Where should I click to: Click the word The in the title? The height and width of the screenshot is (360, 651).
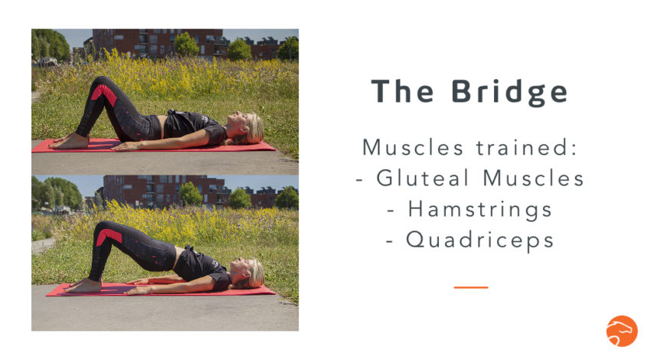[402, 91]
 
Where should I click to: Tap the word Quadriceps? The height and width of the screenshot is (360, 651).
[479, 239]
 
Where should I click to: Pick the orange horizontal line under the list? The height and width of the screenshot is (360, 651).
[470, 287]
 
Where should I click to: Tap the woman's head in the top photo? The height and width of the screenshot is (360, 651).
[249, 127]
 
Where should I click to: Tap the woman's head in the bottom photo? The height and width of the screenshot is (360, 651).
[250, 272]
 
